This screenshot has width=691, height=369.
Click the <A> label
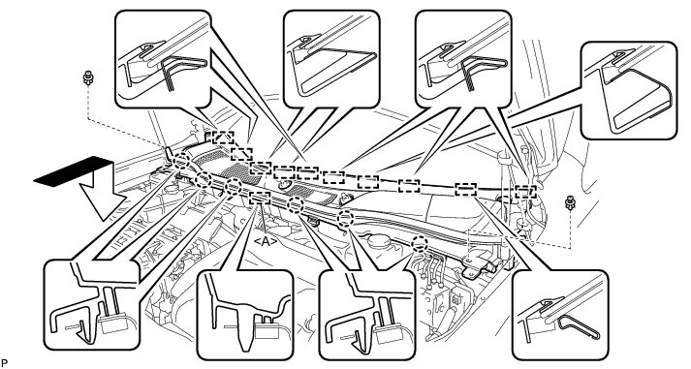pyautogui.click(x=266, y=240)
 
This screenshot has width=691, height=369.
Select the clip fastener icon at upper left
pyautogui.click(x=87, y=79)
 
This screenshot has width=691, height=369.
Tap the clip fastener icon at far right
pyautogui.click(x=570, y=202)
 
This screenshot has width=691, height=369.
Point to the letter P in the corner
pyautogui.click(x=4, y=363)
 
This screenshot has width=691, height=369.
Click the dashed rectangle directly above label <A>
pyautogui.click(x=260, y=199)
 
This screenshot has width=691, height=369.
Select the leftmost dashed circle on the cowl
pyautogui.click(x=181, y=162)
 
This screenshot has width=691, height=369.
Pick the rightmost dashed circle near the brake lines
pyautogui.click(x=420, y=243)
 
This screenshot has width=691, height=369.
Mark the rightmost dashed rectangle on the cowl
pyautogui.click(x=525, y=192)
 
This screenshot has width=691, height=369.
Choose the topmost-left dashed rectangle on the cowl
pyautogui.click(x=223, y=137)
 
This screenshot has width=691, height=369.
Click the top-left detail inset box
pyautogui.click(x=163, y=59)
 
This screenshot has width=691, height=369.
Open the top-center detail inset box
pyautogui.click(x=331, y=59)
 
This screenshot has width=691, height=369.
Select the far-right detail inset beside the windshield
pyautogui.click(x=629, y=91)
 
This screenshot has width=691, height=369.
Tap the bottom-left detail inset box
pyautogui.click(x=92, y=305)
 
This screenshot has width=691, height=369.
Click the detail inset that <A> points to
pyautogui.click(x=245, y=315)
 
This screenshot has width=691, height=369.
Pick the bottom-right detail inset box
pyautogui.click(x=560, y=315)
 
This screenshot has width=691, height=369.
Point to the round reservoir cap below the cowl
pyautogui.click(x=380, y=241)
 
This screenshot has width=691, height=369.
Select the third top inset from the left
pyautogui.click(x=463, y=59)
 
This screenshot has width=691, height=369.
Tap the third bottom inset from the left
pyautogui.click(x=367, y=315)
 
